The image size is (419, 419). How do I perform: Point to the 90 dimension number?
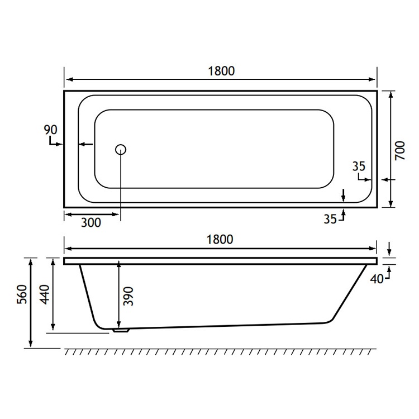[x=50, y=130]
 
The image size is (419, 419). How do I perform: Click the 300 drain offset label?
[x=91, y=222]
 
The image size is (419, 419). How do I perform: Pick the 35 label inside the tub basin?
[x=359, y=166]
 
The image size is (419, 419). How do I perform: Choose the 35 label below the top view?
[x=330, y=219]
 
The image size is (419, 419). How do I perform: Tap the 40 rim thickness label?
[x=376, y=279]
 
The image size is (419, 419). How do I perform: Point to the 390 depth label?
[x=128, y=294]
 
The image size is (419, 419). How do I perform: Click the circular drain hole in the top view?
[x=121, y=149]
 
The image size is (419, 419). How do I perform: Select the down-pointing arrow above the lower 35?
[x=344, y=197]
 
